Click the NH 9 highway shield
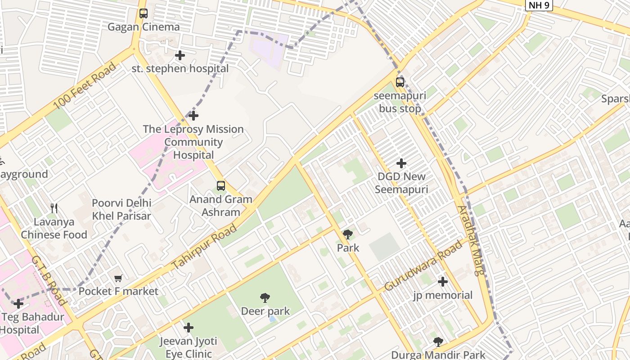pos(539,5)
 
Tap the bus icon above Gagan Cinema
pos(143,13)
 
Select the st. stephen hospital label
pos(180,69)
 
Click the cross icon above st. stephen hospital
pos(180,55)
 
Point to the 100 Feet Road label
pos(85,86)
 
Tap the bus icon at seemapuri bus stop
pos(400,82)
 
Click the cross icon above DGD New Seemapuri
pos(401,163)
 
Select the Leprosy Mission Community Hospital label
pos(193,142)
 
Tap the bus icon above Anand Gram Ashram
pos(220,186)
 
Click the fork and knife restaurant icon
pos(54,208)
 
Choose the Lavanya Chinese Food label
pos(54,228)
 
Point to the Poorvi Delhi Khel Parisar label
pos(121,209)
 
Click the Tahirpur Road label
pos(204,247)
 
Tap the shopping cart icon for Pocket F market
pos(118,278)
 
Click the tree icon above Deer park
pos(265,297)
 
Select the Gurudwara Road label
pos(423,265)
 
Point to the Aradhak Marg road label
pos(471,240)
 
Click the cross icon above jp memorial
pos(443,282)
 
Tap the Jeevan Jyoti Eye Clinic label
pos(188,347)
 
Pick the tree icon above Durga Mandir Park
pos(438,342)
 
